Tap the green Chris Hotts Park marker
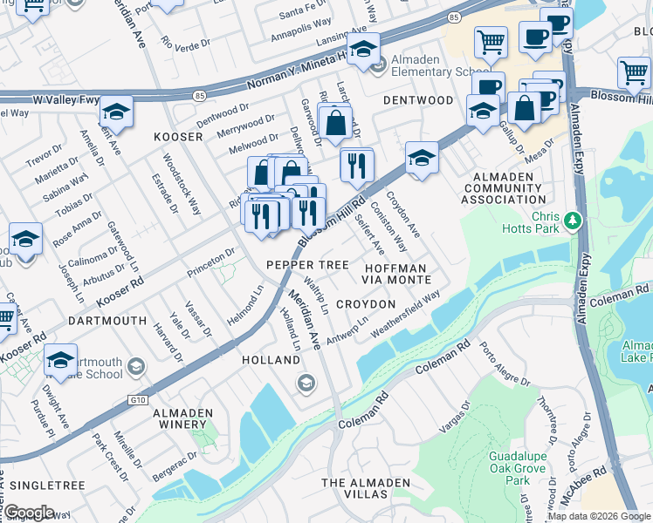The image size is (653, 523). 572,221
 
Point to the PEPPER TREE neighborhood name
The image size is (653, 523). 307,264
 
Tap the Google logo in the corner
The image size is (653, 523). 28,513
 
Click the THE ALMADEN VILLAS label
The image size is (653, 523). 367,488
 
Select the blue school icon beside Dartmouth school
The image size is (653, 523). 60,359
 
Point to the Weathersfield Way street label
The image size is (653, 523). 406,319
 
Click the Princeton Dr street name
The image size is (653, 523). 211,265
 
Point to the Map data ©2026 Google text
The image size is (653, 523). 599,516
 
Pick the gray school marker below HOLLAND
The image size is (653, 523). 306,383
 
